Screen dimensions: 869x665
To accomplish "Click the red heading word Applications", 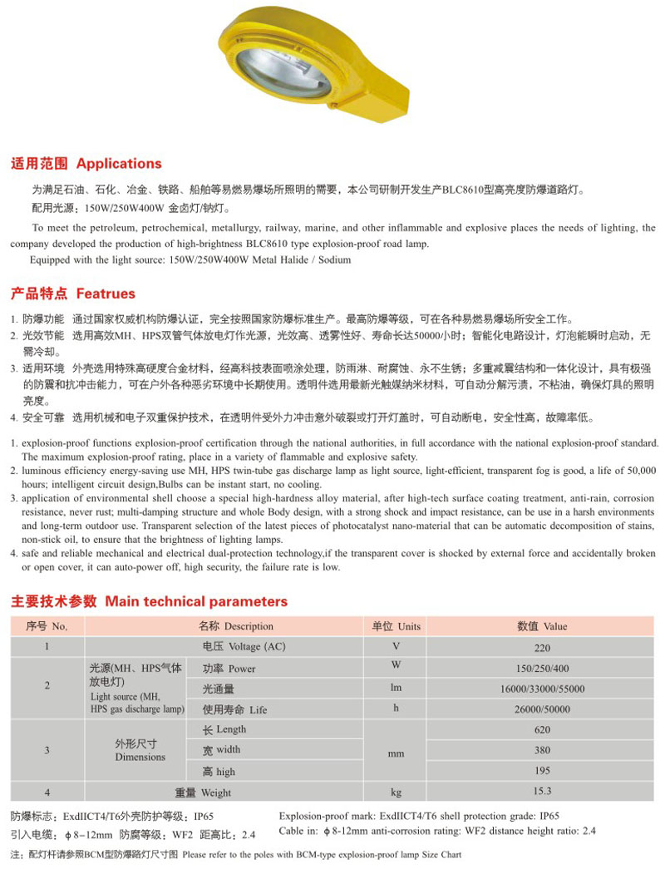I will click(119, 164).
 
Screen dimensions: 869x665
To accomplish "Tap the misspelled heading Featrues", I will click(106, 294).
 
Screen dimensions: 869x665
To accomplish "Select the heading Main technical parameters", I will click(196, 601).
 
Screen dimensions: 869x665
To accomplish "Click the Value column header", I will click(554, 626).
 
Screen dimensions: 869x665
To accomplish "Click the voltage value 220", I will click(543, 647).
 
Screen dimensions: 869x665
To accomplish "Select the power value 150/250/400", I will click(543, 669).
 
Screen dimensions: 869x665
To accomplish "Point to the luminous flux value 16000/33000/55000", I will click(543, 689).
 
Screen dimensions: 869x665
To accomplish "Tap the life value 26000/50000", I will click(543, 710).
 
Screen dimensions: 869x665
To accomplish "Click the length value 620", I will click(543, 730).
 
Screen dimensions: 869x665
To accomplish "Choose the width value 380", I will click(543, 751).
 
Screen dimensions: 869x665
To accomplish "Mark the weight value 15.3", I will click(543, 792).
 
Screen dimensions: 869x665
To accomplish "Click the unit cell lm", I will click(397, 689).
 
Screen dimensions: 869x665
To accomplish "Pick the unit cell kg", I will click(397, 792).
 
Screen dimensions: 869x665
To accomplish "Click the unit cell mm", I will click(397, 753).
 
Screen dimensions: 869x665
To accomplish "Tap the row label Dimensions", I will click(140, 757).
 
